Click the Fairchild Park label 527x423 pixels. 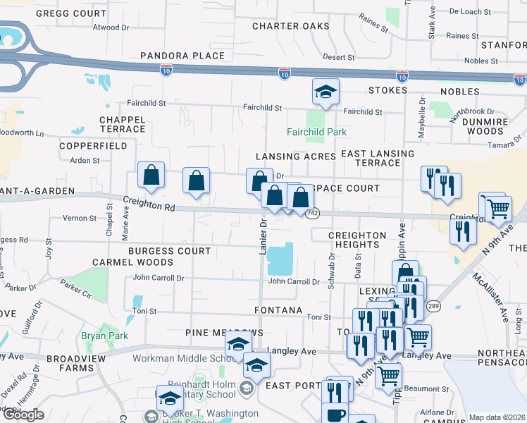(x=316, y=132)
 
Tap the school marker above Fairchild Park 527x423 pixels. (x=325, y=92)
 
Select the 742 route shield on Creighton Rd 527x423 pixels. (x=314, y=213)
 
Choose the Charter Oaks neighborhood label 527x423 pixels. (x=291, y=26)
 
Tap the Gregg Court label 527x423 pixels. (x=70, y=13)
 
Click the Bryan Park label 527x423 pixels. (x=104, y=336)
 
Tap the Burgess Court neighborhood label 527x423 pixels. (x=169, y=251)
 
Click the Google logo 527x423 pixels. (x=23, y=415)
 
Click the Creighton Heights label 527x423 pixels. (x=357, y=240)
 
